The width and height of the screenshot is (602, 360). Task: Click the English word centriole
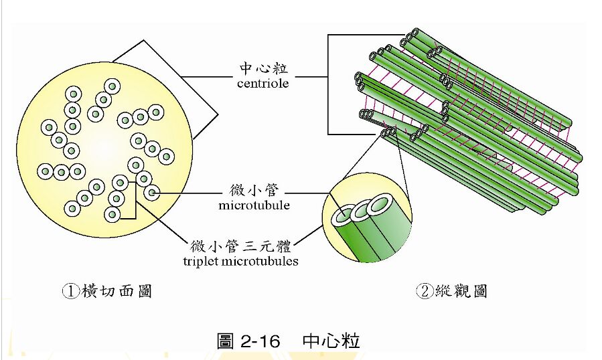click(x=262, y=84)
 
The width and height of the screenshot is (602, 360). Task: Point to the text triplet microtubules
click(x=240, y=261)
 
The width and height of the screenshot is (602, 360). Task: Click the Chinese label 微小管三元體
click(x=241, y=246)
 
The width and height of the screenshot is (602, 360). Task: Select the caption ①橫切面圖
click(x=106, y=291)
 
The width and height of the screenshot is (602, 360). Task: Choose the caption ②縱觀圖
click(x=451, y=291)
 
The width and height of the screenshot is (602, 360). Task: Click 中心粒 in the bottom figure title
click(x=331, y=341)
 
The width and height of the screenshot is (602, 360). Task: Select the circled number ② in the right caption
click(x=424, y=291)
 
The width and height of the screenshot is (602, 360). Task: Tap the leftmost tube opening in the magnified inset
click(x=343, y=215)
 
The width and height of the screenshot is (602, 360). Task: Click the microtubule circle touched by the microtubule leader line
click(x=152, y=194)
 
